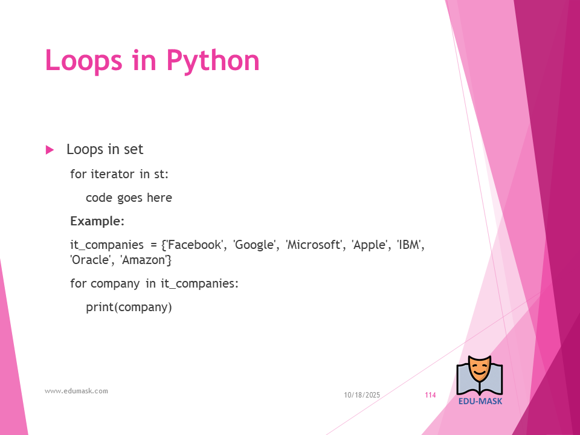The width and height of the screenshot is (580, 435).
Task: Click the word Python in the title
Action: [x=213, y=61]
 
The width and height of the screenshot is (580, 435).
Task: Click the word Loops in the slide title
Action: [x=83, y=60]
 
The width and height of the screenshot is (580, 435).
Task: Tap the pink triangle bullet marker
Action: [x=50, y=150]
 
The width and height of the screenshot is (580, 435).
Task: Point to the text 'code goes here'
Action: [x=129, y=198]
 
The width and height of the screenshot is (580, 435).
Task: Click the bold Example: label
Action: [x=97, y=221]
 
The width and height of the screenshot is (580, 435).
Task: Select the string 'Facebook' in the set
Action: [x=194, y=245]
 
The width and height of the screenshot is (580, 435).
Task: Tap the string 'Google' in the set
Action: [x=254, y=245]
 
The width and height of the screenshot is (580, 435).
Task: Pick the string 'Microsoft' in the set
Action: [x=314, y=245]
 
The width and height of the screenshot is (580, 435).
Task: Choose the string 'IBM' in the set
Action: [x=409, y=245]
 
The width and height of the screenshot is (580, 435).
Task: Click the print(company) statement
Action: [x=129, y=308]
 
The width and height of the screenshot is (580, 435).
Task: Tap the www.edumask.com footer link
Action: [x=76, y=391]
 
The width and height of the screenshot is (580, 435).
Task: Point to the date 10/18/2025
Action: [x=362, y=395]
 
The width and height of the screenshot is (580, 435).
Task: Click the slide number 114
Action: [x=430, y=395]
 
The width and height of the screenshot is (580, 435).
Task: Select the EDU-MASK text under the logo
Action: [x=480, y=401]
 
